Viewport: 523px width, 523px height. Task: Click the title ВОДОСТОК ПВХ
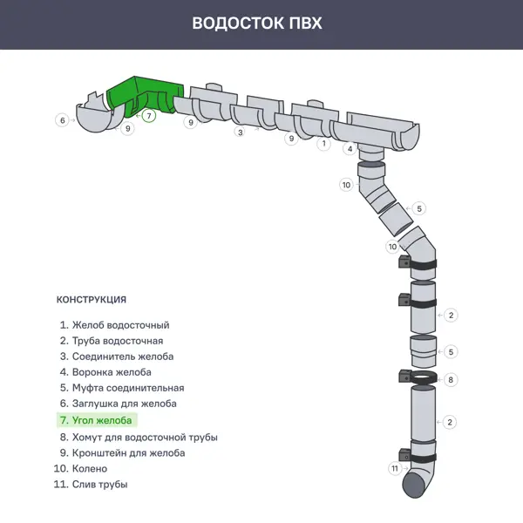(257, 23)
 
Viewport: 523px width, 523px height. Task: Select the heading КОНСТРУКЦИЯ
(91, 299)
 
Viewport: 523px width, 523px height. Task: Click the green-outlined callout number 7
(149, 115)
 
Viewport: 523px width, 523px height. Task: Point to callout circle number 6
(62, 120)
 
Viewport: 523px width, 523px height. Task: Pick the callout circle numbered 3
(239, 132)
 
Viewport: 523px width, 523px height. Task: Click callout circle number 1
(323, 143)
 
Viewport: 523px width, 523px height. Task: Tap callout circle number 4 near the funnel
(350, 149)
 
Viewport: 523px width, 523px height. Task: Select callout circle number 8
(450, 380)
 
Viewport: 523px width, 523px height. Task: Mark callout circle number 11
(394, 469)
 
